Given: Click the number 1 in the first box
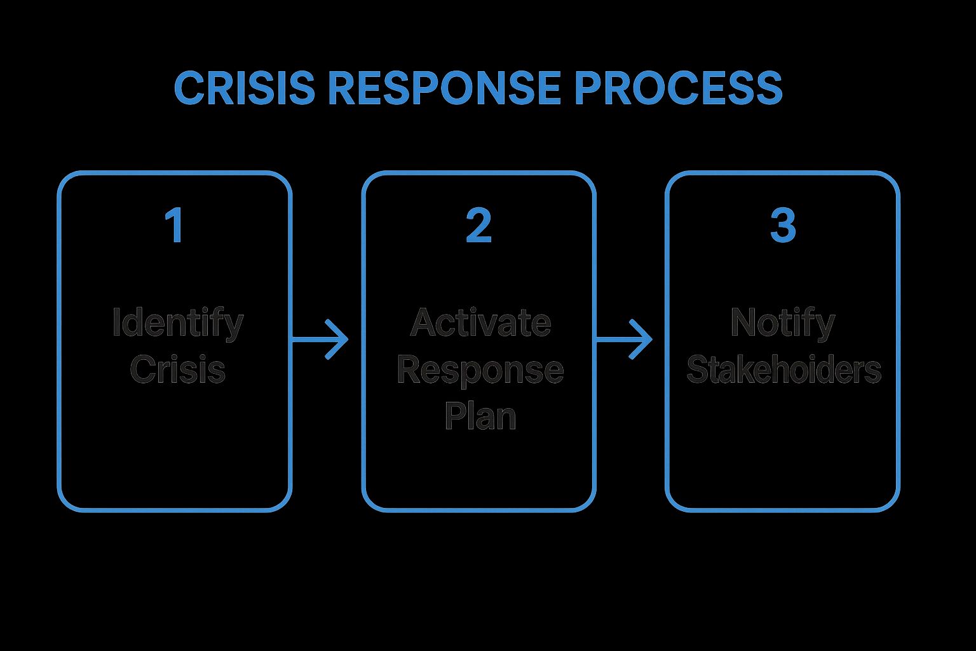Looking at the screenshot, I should [174, 226].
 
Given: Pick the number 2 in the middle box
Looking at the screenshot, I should [478, 226].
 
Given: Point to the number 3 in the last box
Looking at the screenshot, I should [782, 226].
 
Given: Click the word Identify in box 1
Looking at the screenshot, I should [177, 323].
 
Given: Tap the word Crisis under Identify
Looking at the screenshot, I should [177, 369].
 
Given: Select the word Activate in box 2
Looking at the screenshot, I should [480, 323].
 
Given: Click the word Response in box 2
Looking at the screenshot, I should [480, 369].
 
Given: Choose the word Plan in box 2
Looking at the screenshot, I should [480, 416].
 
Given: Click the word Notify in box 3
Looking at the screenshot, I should [782, 323].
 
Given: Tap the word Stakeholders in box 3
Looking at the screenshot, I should [783, 369].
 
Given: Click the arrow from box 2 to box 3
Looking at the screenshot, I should [623, 340].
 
